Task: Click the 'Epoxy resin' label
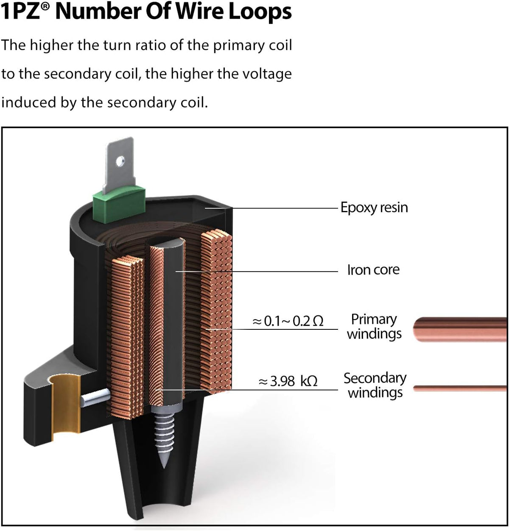click(374, 208)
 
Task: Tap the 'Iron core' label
click(373, 270)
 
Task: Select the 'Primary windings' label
click(374, 327)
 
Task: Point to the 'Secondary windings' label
click(375, 385)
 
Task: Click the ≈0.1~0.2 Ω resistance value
click(288, 321)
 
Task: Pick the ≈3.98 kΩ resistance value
click(288, 381)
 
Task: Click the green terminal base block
click(119, 203)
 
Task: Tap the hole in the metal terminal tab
click(120, 161)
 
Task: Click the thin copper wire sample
click(460, 388)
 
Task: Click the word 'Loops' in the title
click(260, 12)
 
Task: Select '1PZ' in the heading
click(21, 12)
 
